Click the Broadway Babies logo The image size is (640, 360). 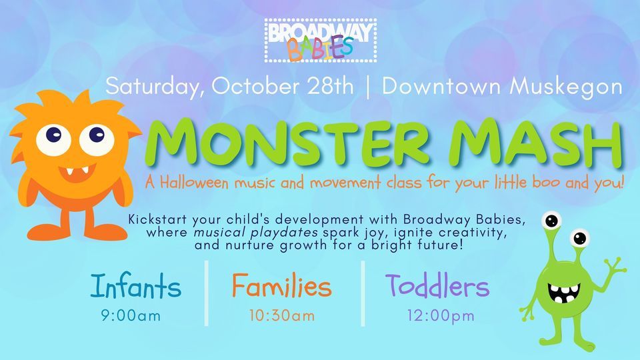[321, 41]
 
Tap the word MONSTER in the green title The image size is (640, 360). [291, 144]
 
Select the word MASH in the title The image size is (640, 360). [538, 144]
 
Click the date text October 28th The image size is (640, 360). [283, 87]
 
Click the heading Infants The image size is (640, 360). [135, 286]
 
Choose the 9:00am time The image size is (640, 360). [131, 316]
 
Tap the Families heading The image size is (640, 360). [281, 286]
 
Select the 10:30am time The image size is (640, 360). [282, 316]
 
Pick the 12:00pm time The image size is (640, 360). [441, 316]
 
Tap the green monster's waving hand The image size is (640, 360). [614, 267]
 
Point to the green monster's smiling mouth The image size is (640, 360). [564, 292]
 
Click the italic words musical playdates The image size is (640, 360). [255, 233]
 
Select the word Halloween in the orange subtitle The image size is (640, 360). [194, 182]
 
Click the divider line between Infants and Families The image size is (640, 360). [207, 293]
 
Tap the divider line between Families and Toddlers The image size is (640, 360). [363, 293]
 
